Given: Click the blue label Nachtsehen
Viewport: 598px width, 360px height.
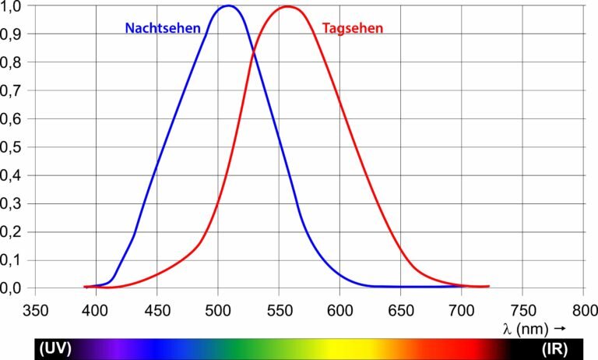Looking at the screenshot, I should pyautogui.click(x=163, y=29).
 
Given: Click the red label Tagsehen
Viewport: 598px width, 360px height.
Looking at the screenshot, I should pyautogui.click(x=353, y=29).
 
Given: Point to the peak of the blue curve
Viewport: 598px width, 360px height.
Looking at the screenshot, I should pyautogui.click(x=228, y=6).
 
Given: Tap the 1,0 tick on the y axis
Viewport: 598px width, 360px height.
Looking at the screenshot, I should pyautogui.click(x=15, y=6).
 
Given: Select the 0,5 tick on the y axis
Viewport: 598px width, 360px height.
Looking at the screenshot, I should pyautogui.click(x=15, y=147).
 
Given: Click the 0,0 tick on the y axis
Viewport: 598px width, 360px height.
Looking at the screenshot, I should pyautogui.click(x=15, y=288).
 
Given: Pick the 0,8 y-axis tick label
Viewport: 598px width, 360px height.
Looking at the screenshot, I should pyautogui.click(x=15, y=62).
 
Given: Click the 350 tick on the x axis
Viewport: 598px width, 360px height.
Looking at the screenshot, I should pyautogui.click(x=34, y=309).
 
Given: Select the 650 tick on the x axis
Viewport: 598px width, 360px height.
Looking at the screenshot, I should pyautogui.click(x=401, y=309).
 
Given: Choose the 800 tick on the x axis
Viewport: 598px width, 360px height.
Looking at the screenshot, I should pyautogui.click(x=584, y=309).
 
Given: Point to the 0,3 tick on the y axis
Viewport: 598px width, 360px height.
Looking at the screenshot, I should pyautogui.click(x=15, y=203).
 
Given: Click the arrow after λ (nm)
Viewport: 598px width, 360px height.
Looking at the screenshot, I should pyautogui.click(x=560, y=329).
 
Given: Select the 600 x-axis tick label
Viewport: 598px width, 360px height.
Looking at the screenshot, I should pyautogui.click(x=339, y=309).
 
